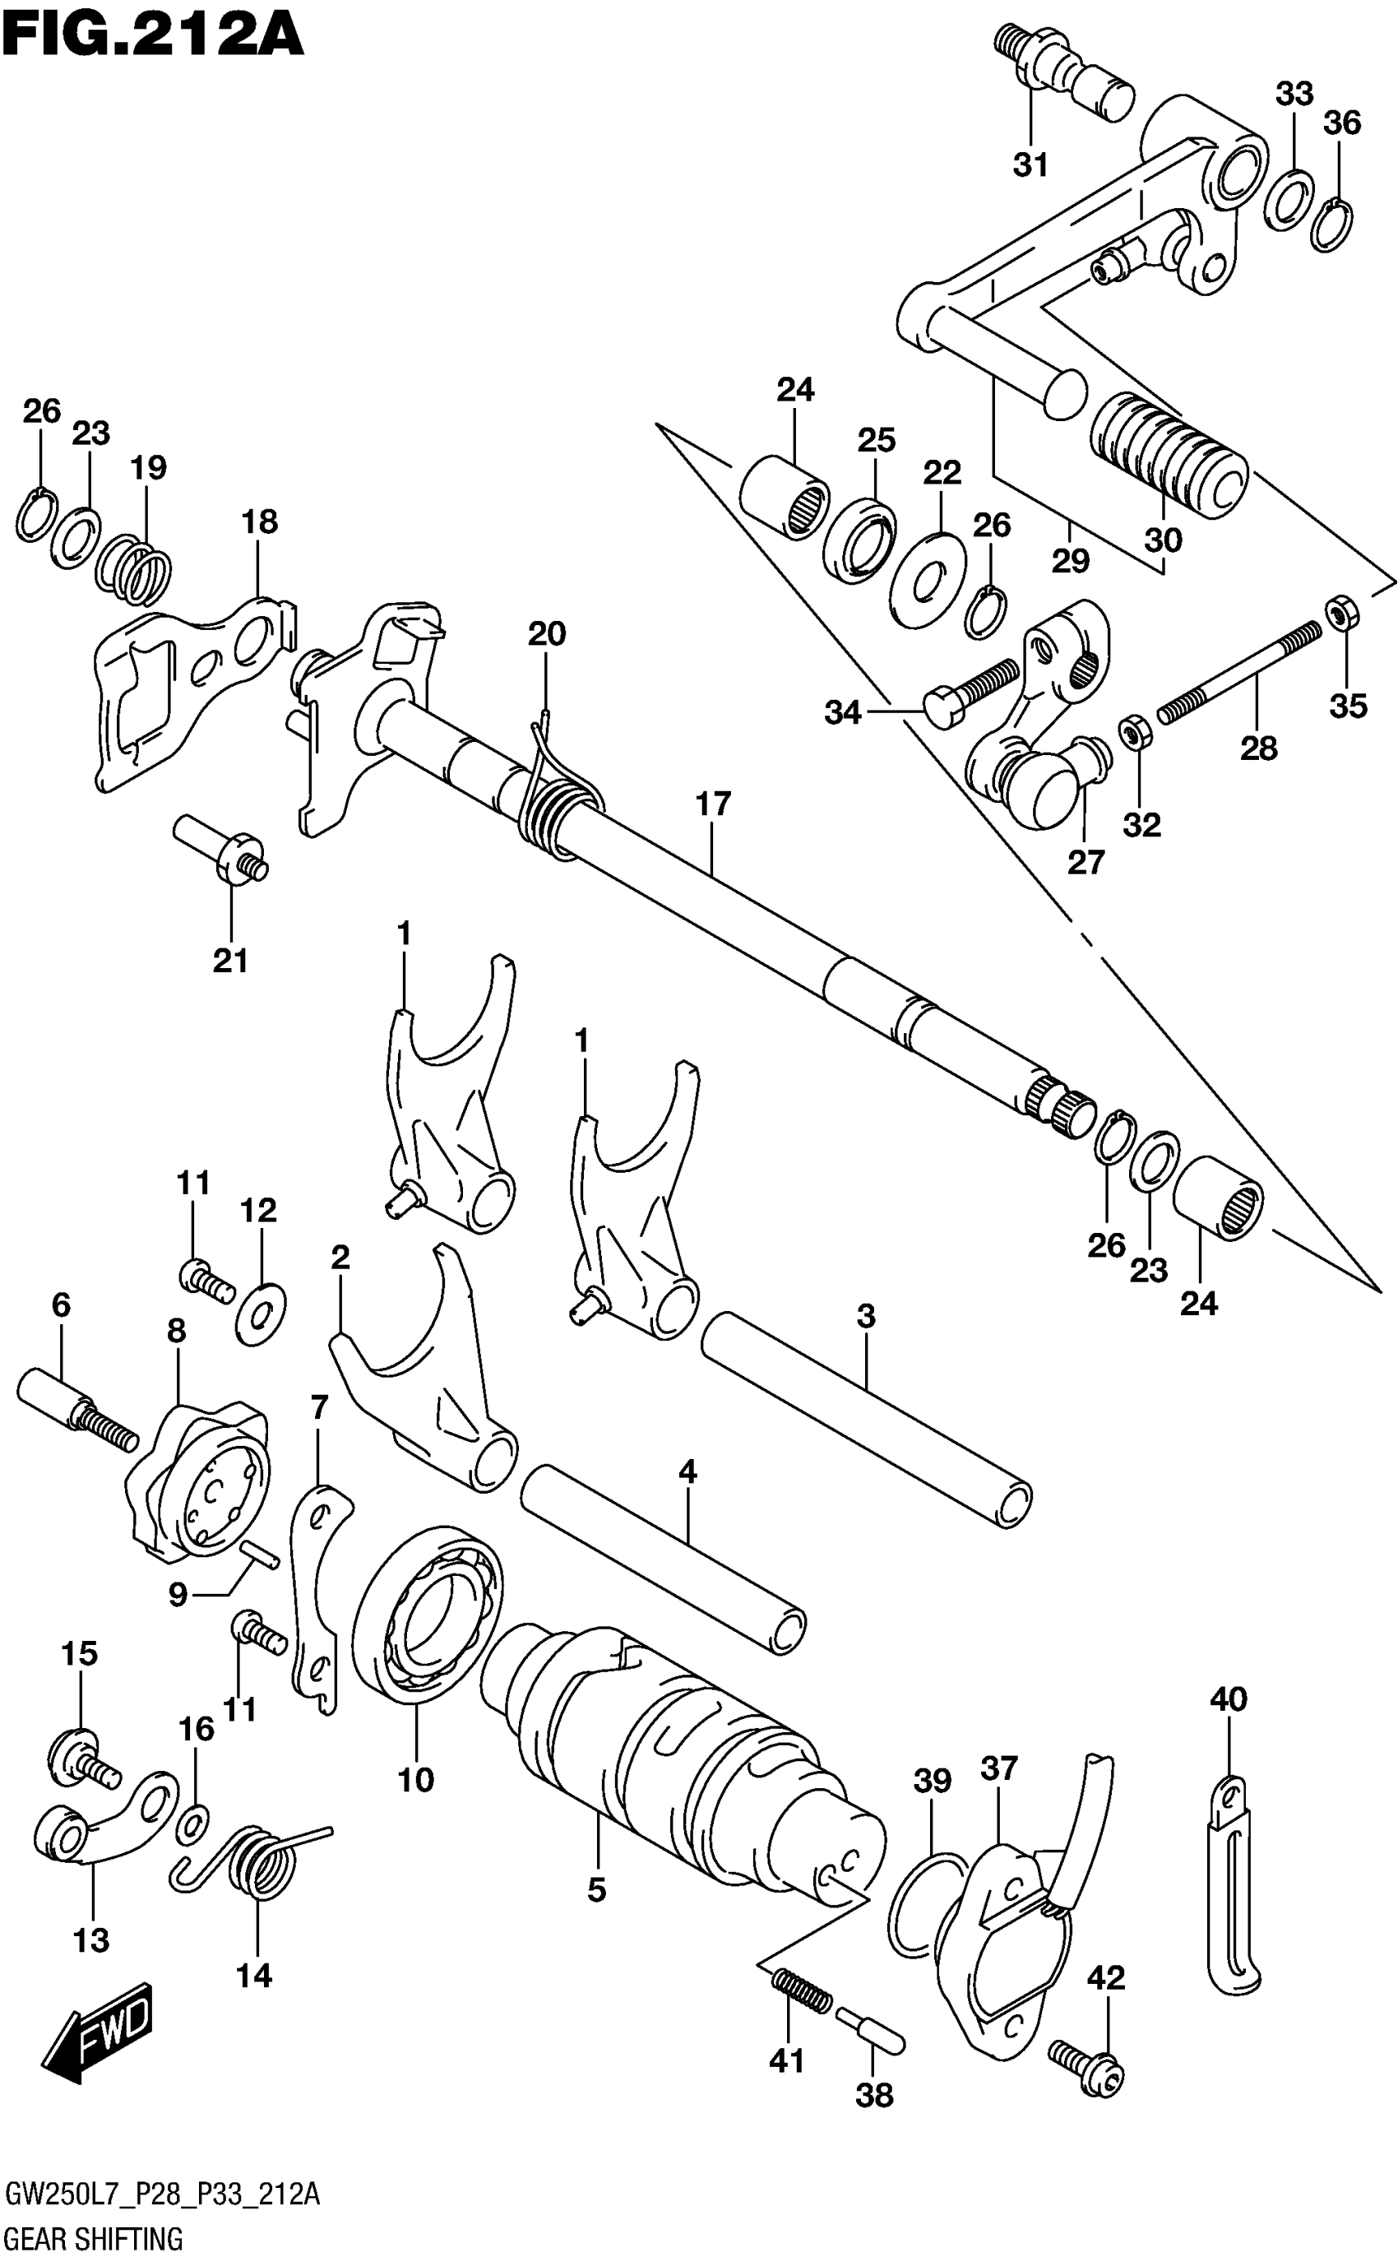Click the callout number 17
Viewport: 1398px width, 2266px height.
coord(713,804)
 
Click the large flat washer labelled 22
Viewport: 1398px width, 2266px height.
coord(928,581)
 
